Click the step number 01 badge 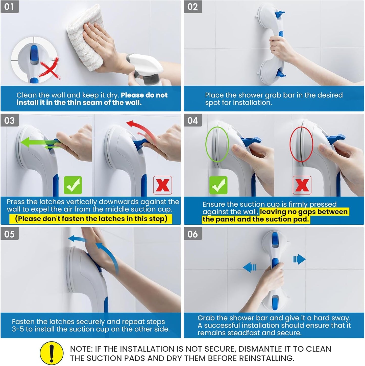click(9, 7)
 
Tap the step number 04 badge click(192, 120)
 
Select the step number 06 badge click(192, 234)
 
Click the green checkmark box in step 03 click(73, 185)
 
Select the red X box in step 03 click(162, 185)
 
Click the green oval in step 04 click(217, 144)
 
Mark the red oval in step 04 click(301, 144)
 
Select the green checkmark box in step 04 click(218, 185)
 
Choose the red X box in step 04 click(302, 185)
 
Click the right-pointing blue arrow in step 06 click(299, 259)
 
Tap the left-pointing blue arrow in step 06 click(250, 267)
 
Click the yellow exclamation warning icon click(52, 353)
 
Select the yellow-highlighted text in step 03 click(91, 219)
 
